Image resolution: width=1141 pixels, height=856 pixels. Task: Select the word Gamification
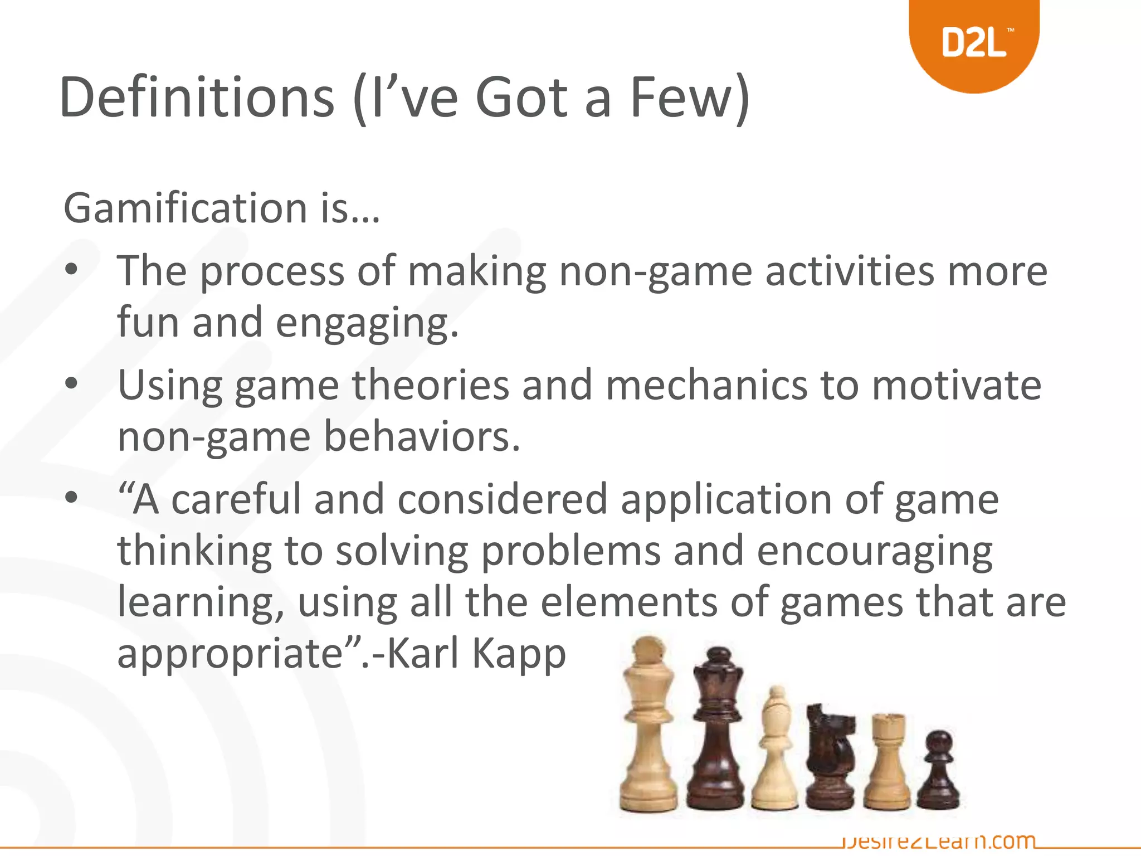pos(186,208)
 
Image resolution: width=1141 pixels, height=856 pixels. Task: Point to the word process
pos(272,272)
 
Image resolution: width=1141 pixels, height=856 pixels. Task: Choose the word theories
pos(430,385)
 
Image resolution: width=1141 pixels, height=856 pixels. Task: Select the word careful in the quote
pos(236,499)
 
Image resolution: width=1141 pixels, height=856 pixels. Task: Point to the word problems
pos(570,551)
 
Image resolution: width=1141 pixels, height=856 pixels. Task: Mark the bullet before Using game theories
pos(71,384)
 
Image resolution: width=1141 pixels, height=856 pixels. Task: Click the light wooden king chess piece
pos(648,724)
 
